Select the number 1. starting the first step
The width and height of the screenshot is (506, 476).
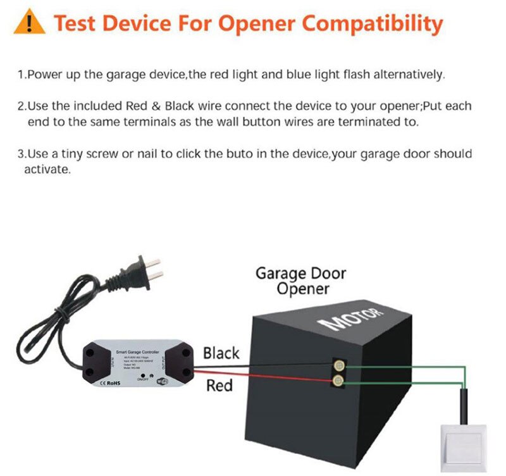22,75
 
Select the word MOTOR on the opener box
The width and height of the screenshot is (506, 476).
354,319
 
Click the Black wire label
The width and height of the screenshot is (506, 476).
221,353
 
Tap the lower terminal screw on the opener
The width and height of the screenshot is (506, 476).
338,381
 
